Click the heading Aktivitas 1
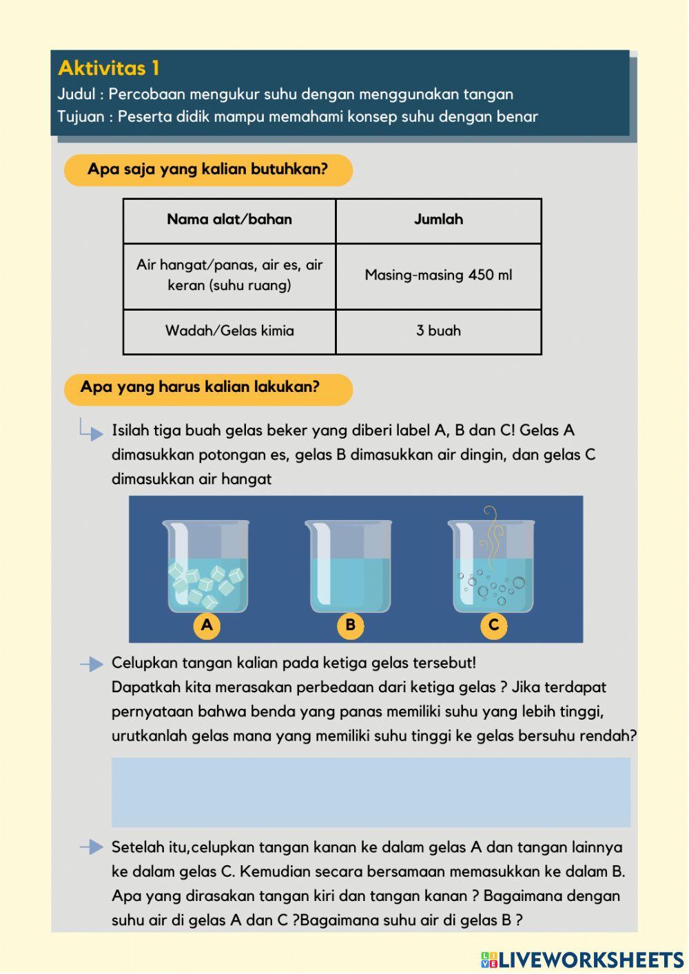pyautogui.click(x=109, y=68)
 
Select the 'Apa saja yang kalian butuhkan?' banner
pyautogui.click(x=208, y=169)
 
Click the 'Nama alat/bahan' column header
pyautogui.click(x=229, y=220)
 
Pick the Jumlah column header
pyautogui.click(x=438, y=220)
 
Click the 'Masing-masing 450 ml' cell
pyautogui.click(x=438, y=276)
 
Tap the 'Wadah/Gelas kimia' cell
pyautogui.click(x=229, y=331)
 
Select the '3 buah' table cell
pyautogui.click(x=438, y=331)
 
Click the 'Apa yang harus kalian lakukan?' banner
pyautogui.click(x=208, y=388)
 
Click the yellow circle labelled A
pyautogui.click(x=207, y=625)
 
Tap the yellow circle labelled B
pyautogui.click(x=350, y=625)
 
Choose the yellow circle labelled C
pyautogui.click(x=493, y=625)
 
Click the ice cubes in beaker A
pyautogui.click(x=205, y=584)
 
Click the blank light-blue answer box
pyautogui.click(x=371, y=792)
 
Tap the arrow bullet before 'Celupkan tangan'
pyautogui.click(x=91, y=664)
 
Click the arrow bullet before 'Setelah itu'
pyautogui.click(x=91, y=848)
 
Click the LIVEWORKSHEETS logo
pyautogui.click(x=582, y=960)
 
